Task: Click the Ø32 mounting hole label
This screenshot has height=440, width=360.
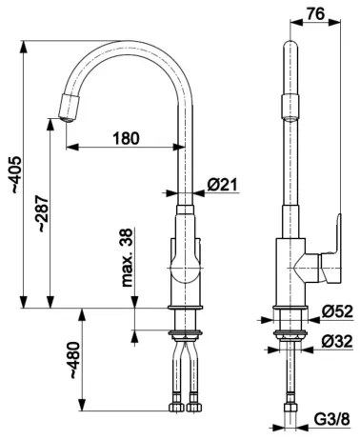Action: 337,340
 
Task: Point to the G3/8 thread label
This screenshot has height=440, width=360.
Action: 331,417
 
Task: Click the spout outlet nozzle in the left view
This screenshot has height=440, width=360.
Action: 68,107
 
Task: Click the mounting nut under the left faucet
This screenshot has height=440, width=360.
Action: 185,334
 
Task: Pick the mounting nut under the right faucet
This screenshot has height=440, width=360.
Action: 289,334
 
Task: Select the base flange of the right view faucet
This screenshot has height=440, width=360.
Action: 289,311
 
